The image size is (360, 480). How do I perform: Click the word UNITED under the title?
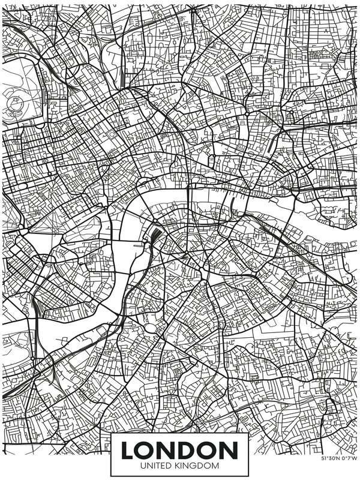[x=155, y=465]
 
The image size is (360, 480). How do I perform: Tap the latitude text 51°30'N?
[x=330, y=458]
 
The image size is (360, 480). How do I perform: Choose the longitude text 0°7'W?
[x=349, y=458]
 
